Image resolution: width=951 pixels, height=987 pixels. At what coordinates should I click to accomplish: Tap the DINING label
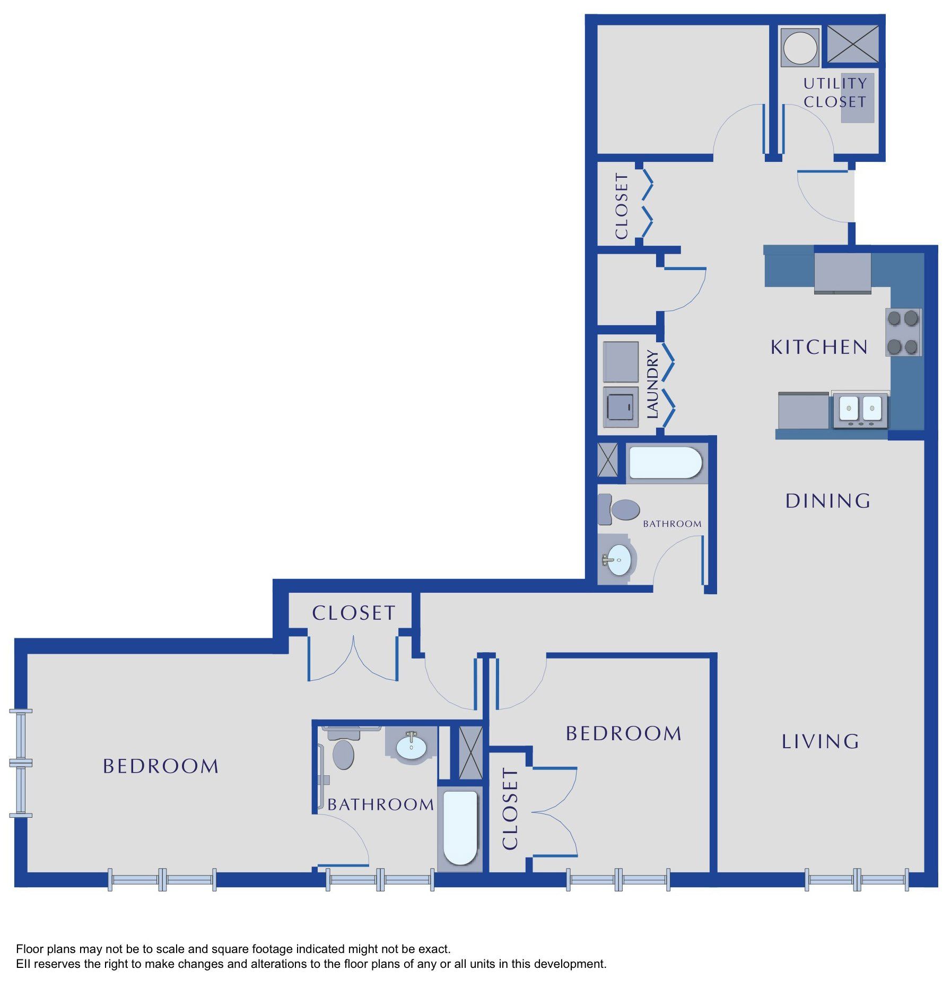[827, 500]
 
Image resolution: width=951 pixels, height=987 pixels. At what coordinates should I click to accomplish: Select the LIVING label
[820, 741]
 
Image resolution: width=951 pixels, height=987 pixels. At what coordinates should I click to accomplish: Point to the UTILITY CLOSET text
[835, 92]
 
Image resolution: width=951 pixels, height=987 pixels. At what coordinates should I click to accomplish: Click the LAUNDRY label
[652, 384]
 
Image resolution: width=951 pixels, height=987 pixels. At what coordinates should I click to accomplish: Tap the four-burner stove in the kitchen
[903, 332]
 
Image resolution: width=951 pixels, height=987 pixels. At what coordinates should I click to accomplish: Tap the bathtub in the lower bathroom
[460, 828]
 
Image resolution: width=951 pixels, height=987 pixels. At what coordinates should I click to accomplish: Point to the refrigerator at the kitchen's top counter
[842, 273]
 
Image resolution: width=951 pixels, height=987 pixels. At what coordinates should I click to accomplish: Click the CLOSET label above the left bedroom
[354, 613]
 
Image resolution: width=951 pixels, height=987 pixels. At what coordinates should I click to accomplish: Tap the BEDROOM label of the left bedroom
[161, 766]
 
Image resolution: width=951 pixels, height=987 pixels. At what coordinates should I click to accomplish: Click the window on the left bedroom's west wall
[21, 763]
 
